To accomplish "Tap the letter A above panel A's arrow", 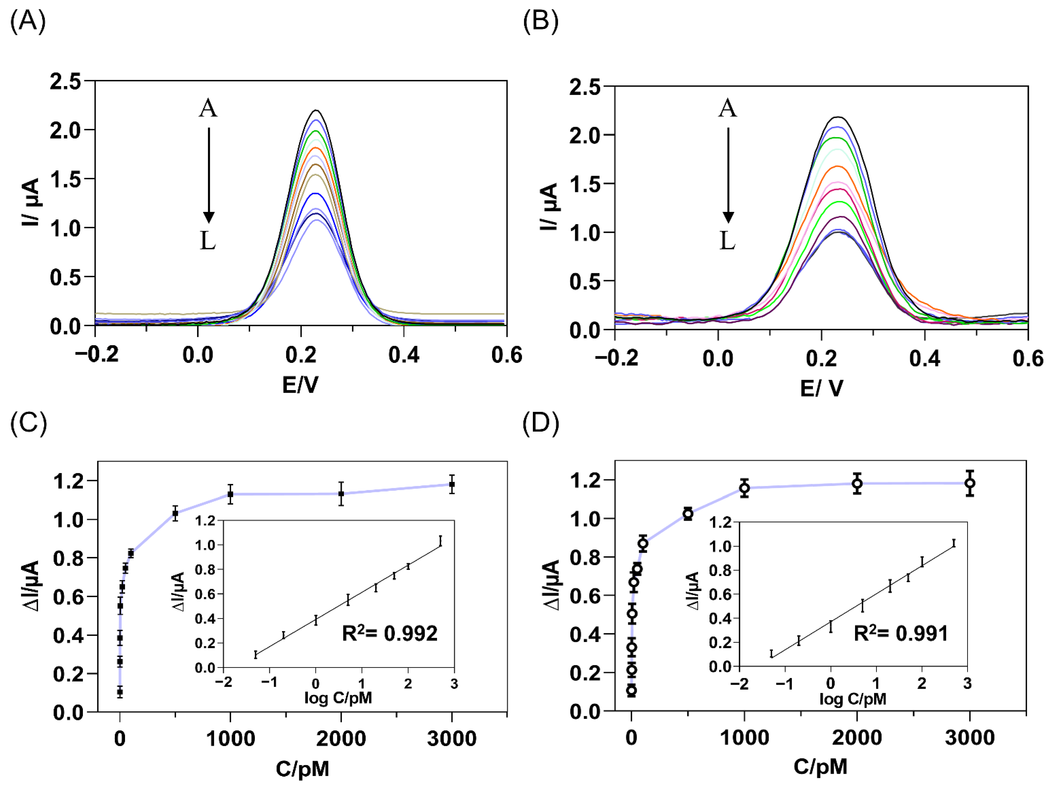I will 208,108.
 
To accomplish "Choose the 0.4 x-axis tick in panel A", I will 404,355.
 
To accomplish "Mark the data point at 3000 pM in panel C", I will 452,484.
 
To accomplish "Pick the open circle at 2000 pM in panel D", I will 857,484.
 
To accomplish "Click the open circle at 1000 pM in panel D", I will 744,488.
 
